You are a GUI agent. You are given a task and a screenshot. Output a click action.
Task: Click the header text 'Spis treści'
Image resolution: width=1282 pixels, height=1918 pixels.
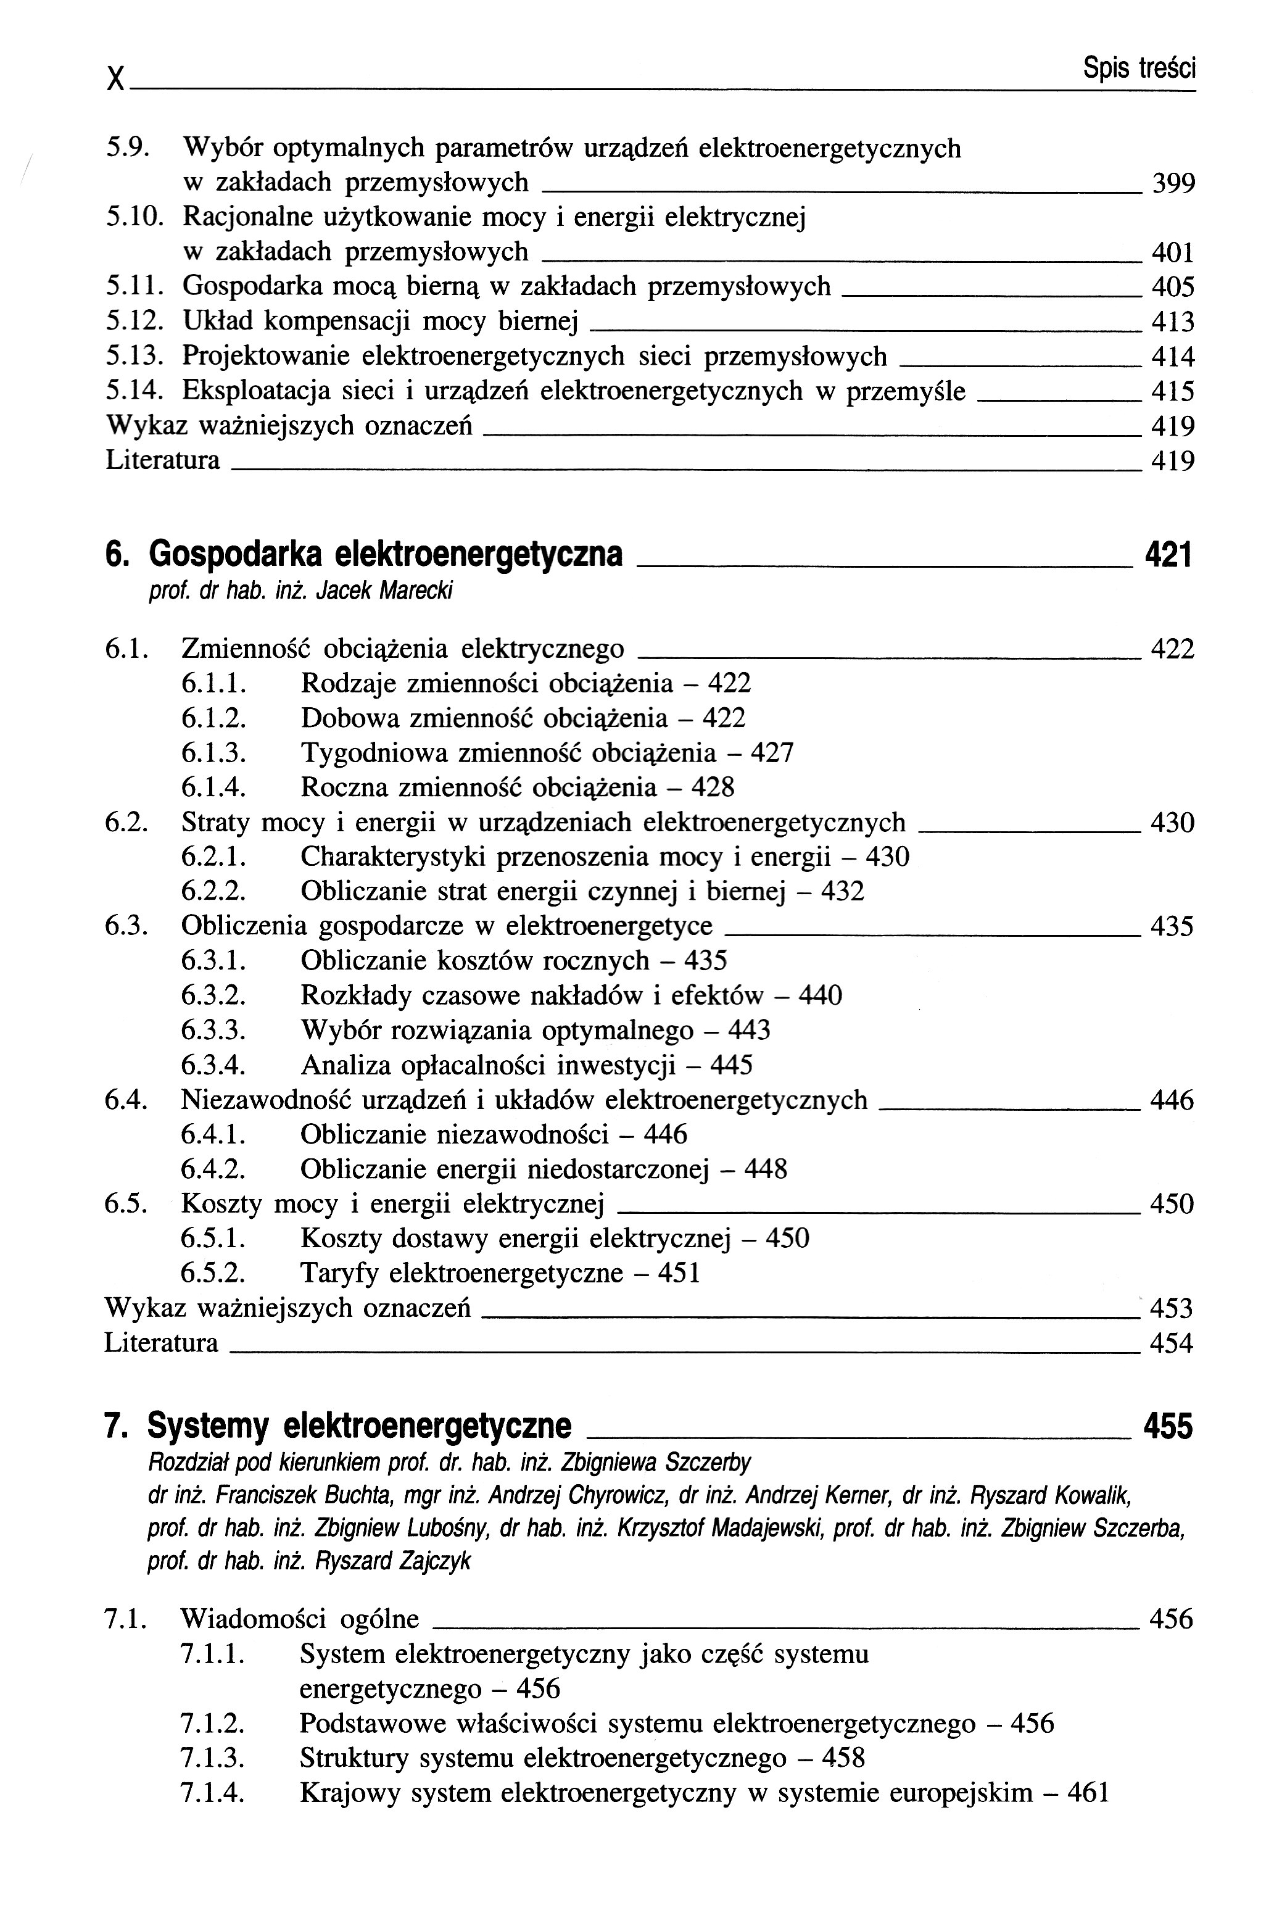[x=1139, y=68]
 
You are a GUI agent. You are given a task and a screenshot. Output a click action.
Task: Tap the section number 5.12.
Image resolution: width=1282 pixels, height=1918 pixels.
[x=134, y=322]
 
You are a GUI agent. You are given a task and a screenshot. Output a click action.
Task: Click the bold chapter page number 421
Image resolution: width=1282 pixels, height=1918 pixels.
[x=1168, y=555]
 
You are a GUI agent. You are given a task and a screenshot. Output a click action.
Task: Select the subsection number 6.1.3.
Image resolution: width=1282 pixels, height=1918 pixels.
[x=213, y=752]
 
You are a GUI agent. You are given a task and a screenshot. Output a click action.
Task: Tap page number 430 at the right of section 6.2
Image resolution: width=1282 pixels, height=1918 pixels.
[x=1172, y=823]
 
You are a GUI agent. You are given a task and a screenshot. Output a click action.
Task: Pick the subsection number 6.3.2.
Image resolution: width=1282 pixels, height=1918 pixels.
[x=213, y=995]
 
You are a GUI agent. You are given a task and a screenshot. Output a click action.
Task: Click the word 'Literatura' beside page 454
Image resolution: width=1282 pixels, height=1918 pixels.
[x=161, y=1343]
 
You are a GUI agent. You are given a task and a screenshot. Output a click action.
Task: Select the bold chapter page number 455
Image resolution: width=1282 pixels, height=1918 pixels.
[x=1168, y=1426]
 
